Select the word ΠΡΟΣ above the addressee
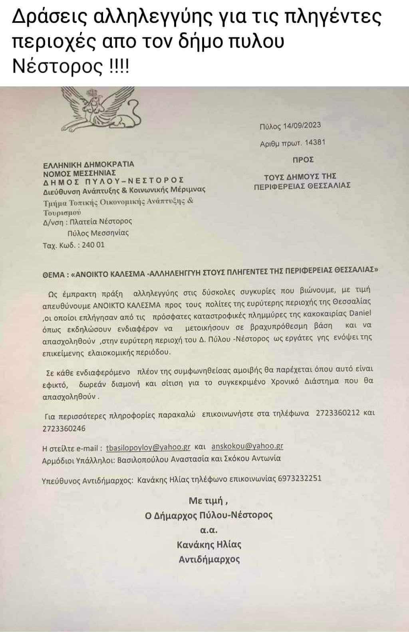[303, 160]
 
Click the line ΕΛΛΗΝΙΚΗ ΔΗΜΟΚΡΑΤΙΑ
[88, 164]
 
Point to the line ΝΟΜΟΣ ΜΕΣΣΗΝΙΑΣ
[80, 172]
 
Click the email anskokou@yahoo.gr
[247, 446]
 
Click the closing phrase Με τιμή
[208, 500]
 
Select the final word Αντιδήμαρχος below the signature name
[209, 559]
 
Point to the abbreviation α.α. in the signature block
[208, 530]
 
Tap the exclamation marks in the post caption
[119, 66]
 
